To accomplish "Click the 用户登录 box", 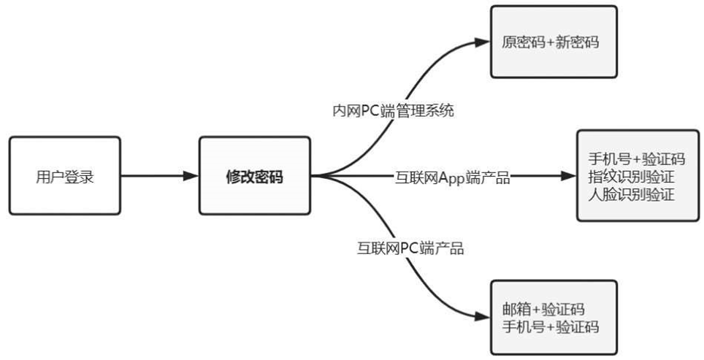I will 65,176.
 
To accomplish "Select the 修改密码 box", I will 254,176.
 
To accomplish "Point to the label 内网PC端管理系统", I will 393,111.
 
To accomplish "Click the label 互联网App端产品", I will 452,176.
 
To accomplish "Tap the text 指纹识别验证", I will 630,176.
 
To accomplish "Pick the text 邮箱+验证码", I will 543,310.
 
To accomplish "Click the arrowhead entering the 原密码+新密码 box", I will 483,42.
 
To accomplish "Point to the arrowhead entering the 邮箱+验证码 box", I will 483,317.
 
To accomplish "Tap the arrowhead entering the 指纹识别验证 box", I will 569,176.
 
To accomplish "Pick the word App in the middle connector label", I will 452,176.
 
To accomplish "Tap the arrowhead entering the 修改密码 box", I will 191,176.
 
